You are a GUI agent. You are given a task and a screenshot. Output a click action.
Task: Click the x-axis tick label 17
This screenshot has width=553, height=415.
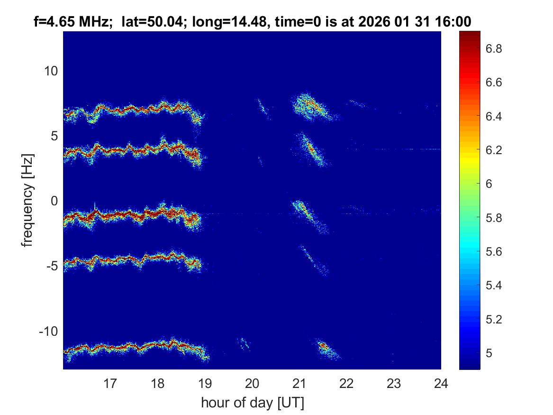pos(110,383)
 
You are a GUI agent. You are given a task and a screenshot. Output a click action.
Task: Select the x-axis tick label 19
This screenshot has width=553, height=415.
pos(205,383)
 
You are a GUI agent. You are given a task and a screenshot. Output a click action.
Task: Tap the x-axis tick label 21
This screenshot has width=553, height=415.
pos(299,383)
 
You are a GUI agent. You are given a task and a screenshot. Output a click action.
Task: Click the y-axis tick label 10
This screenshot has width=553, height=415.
pos(50,71)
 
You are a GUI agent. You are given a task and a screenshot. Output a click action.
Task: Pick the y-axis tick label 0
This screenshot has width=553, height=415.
pos(54,201)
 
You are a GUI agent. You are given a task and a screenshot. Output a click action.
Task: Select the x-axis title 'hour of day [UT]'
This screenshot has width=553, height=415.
pos(252,403)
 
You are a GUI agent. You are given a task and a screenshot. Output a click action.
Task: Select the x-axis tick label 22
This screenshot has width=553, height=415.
pos(347,383)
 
